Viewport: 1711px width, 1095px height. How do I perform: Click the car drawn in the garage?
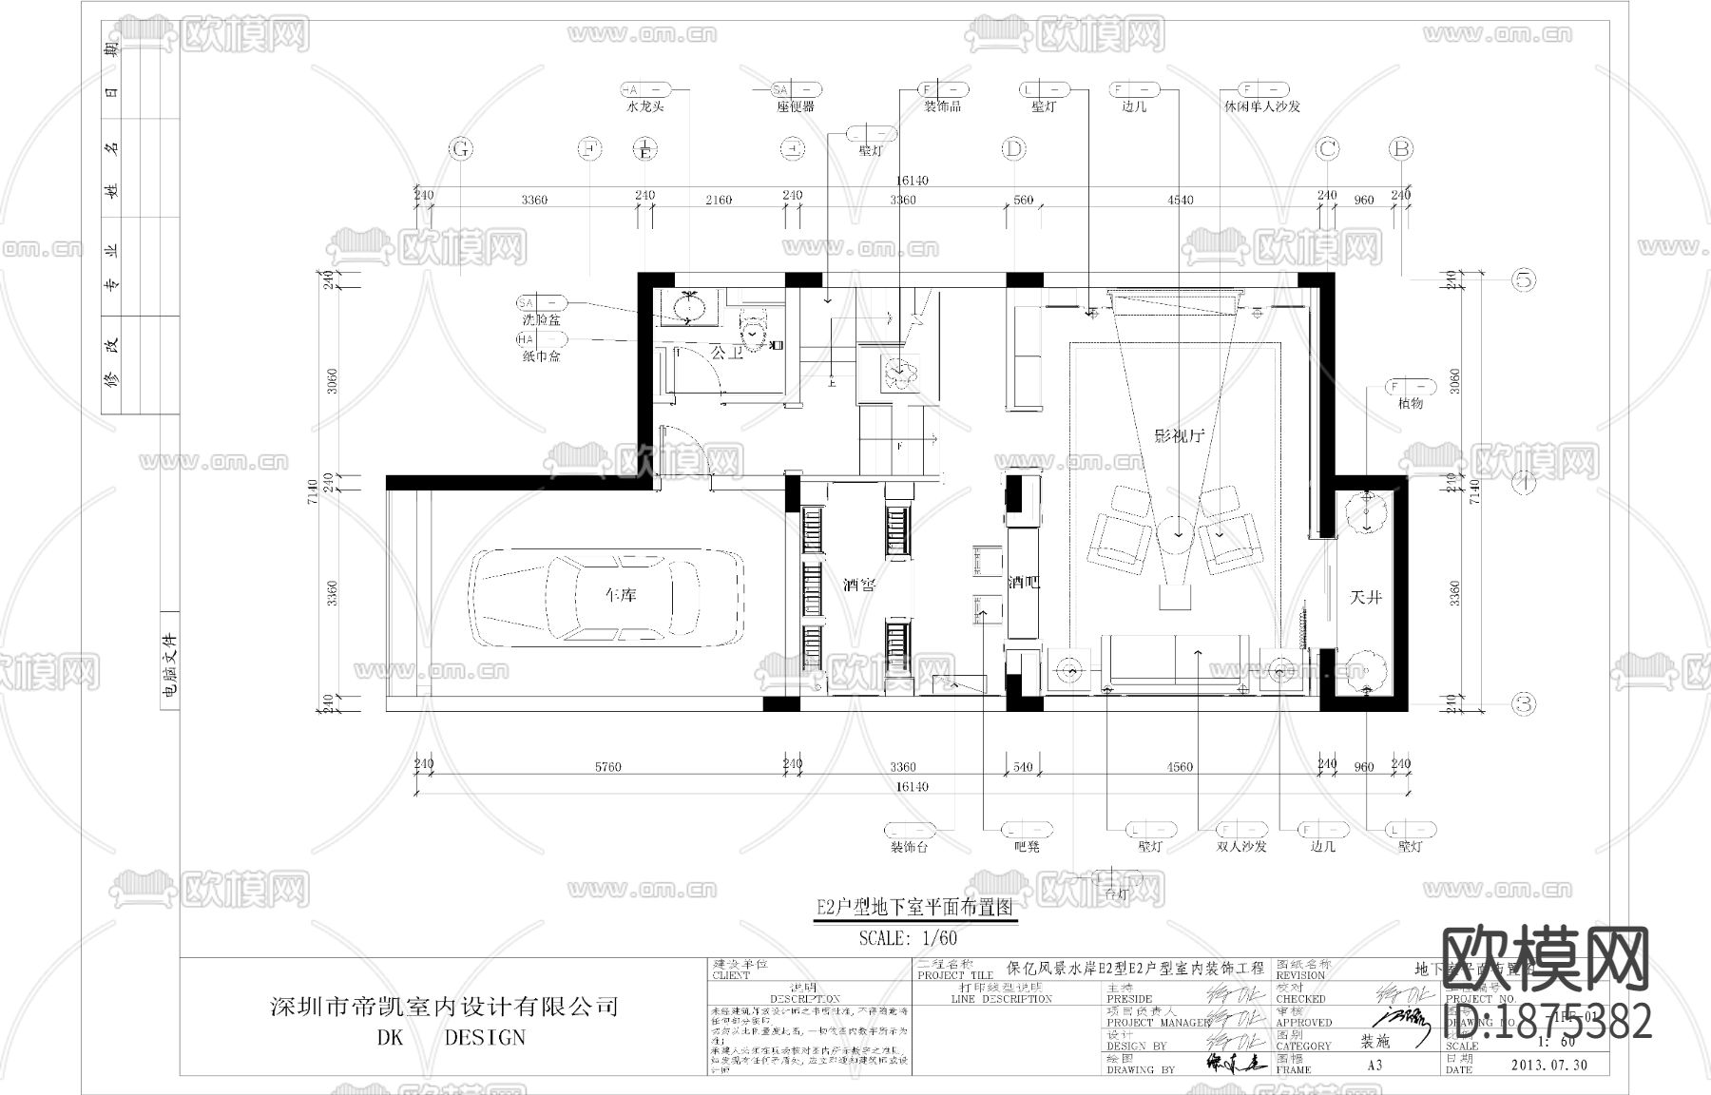pyautogui.click(x=608, y=597)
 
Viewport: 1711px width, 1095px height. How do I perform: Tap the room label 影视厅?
pyautogui.click(x=1179, y=436)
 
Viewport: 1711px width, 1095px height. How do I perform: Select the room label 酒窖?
pyautogui.click(x=859, y=586)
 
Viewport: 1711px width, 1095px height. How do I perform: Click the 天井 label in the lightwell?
pyautogui.click(x=1365, y=597)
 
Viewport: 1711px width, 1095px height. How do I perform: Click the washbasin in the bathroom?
pyautogui.click(x=687, y=306)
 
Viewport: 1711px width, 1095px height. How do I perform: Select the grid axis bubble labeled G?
pyautogui.click(x=461, y=149)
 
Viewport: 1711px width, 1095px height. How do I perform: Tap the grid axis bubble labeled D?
pyautogui.click(x=1014, y=149)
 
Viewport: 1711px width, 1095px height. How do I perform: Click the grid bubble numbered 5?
pyautogui.click(x=1525, y=279)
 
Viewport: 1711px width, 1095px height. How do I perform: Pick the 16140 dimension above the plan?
pyautogui.click(x=911, y=181)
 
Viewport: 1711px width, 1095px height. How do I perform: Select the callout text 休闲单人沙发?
pyautogui.click(x=1261, y=107)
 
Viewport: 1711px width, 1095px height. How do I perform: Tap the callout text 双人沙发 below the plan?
pyautogui.click(x=1240, y=846)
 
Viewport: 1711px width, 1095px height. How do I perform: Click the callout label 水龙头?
pyautogui.click(x=645, y=107)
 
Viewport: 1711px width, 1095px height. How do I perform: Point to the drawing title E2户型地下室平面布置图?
pyautogui.click(x=915, y=908)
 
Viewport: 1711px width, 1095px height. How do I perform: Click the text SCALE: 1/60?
pyautogui.click(x=908, y=938)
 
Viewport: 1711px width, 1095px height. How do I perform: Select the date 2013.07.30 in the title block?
pyautogui.click(x=1549, y=1065)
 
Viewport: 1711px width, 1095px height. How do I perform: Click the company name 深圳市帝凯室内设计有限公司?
pyautogui.click(x=445, y=1006)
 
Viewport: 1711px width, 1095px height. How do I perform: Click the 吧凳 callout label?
pyautogui.click(x=1027, y=846)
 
